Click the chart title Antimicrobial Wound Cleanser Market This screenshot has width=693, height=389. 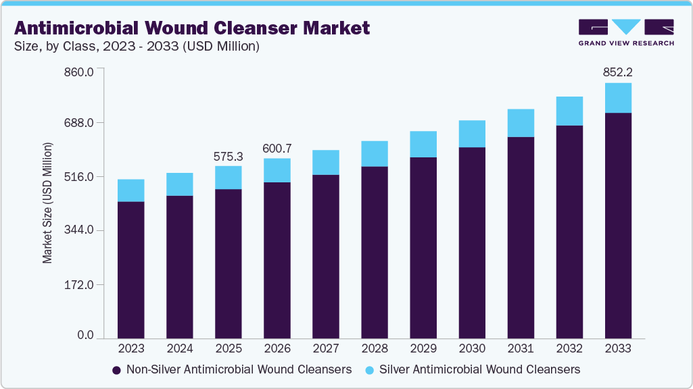(192, 28)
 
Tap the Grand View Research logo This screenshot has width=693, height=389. (625, 32)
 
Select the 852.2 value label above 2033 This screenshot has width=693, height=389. (618, 72)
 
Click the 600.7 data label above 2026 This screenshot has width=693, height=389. (277, 148)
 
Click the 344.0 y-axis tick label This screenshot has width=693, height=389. (80, 230)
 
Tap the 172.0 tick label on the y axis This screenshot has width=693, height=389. (80, 284)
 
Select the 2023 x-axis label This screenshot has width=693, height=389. (130, 348)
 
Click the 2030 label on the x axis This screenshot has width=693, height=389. (472, 348)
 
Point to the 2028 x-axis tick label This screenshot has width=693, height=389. (375, 348)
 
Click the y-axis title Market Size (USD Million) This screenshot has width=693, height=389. (47, 203)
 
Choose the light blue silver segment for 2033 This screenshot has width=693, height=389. (618, 98)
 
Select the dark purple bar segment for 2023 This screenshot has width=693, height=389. (130, 270)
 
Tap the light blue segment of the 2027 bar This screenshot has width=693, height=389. (326, 162)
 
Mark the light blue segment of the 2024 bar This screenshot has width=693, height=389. (179, 184)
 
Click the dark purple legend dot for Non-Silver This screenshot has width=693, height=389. (116, 370)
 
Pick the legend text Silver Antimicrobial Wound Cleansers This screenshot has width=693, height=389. (479, 369)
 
